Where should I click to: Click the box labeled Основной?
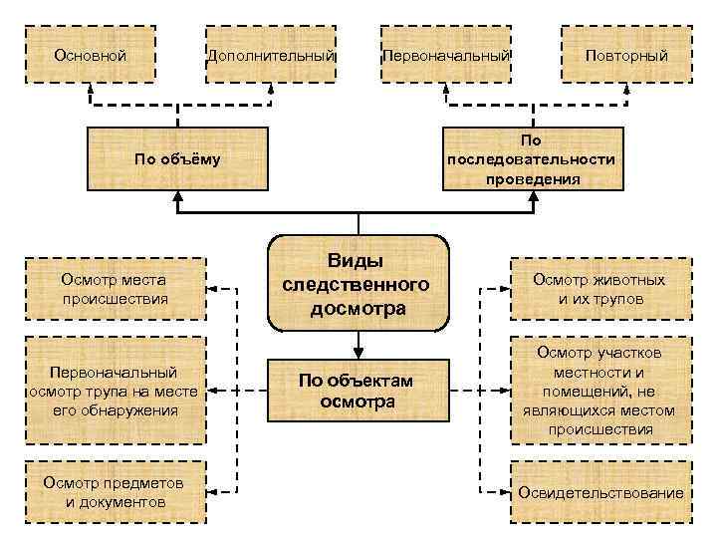[90, 55]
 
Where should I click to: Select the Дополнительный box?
[270, 55]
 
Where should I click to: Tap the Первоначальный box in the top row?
[446, 55]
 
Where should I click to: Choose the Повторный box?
[626, 55]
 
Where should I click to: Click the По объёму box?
[177, 158]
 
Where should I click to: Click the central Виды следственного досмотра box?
[358, 284]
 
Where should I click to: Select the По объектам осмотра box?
[358, 391]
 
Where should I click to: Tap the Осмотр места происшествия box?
[114, 289]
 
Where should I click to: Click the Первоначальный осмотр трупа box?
[114, 391]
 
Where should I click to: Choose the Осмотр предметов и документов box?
[114, 491]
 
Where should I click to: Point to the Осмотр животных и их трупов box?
[600, 289]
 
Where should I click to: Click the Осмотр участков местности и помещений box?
[600, 391]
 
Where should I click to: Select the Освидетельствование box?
[600, 492]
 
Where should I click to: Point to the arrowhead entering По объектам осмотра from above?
[358, 351]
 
